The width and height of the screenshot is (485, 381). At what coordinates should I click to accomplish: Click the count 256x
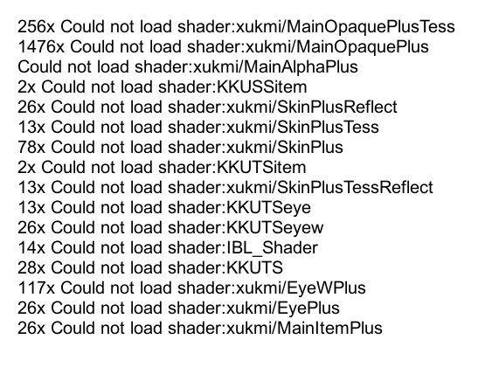point(36,26)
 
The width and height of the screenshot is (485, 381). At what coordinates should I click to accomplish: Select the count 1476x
point(41,46)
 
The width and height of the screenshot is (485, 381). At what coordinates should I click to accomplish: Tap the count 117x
point(36,287)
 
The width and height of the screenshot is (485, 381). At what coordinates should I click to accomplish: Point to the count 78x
point(31,147)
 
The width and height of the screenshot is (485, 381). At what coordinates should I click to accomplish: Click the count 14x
point(31,247)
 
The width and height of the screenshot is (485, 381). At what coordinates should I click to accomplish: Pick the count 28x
point(31,267)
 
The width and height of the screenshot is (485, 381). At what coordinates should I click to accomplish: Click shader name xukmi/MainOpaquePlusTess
point(345,27)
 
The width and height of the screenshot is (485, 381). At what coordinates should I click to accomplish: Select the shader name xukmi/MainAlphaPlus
point(275,67)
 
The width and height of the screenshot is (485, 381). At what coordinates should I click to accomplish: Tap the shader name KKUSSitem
point(261,87)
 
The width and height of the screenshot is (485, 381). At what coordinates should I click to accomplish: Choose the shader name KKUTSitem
point(261,167)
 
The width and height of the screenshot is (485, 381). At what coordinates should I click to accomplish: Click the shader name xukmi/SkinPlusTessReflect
point(329,187)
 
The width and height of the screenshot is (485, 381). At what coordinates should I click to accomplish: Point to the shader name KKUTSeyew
point(275,228)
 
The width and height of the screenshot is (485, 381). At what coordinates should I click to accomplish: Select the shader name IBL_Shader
point(272,248)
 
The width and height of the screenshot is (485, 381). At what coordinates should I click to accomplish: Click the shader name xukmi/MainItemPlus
point(304,328)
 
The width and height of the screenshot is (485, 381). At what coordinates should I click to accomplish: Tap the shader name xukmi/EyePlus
point(283,308)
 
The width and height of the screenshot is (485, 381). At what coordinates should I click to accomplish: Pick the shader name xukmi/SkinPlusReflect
point(312,107)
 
